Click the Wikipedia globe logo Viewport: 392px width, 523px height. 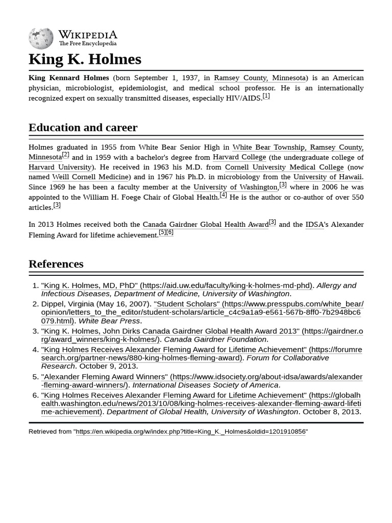[x=41, y=38]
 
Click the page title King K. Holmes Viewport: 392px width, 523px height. [x=85, y=59]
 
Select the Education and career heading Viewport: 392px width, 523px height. [x=83, y=127]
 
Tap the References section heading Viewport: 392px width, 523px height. [x=56, y=264]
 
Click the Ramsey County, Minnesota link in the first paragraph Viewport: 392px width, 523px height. [x=260, y=78]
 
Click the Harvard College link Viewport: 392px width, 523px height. [x=239, y=157]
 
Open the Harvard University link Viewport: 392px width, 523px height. [x=60, y=167]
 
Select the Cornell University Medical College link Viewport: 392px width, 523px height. [x=284, y=167]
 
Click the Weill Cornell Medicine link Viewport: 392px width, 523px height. [x=90, y=177]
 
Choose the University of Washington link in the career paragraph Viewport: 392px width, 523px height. [x=235, y=187]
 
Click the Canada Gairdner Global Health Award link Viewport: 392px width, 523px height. [x=205, y=225]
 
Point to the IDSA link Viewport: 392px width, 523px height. [x=314, y=225]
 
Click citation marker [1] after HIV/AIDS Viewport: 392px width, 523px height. [x=266, y=96]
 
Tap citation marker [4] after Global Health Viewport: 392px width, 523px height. [x=223, y=195]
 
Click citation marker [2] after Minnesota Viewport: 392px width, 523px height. [x=65, y=155]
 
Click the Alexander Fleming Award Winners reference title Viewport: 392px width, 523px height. [x=105, y=377]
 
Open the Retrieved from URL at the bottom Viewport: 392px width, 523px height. [x=190, y=432]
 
